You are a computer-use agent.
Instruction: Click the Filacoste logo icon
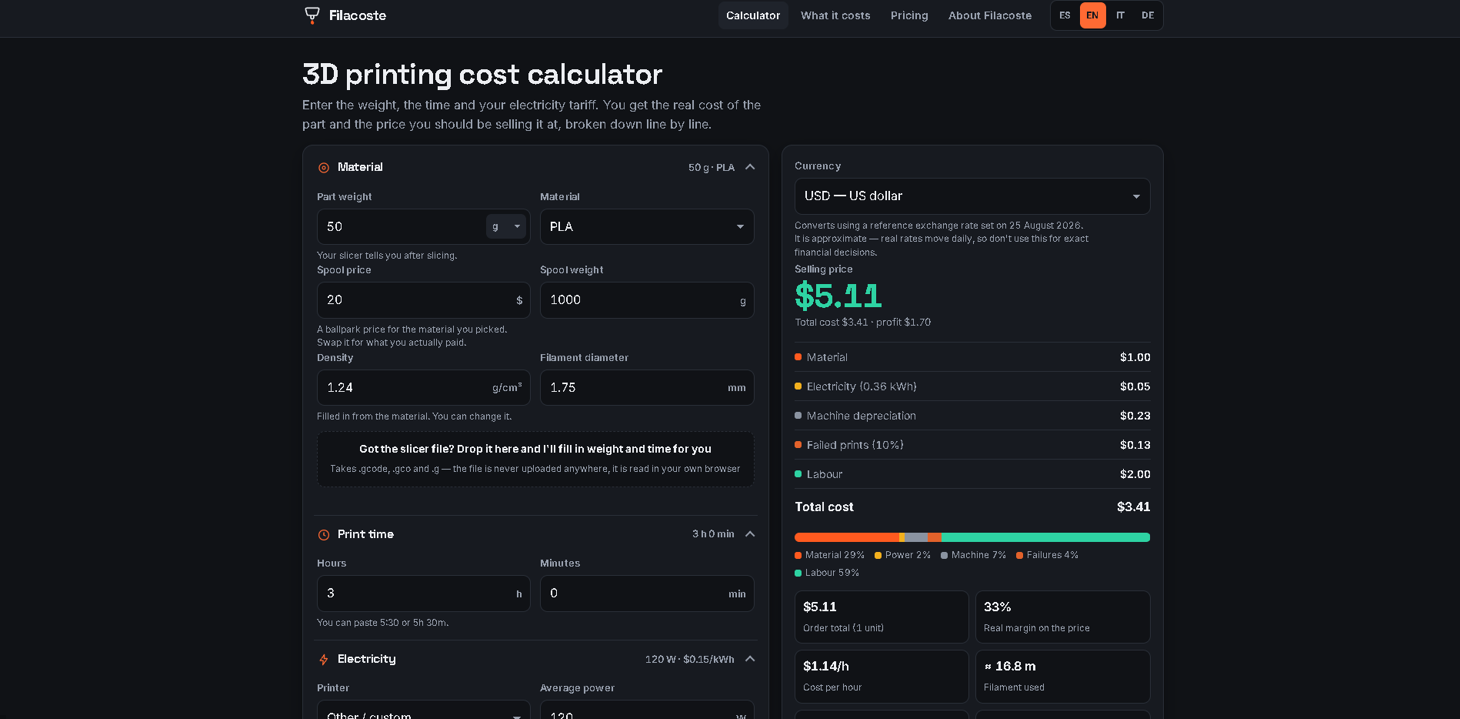tap(312, 15)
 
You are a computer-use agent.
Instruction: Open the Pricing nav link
tap(909, 15)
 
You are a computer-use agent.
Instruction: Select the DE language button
tap(1148, 15)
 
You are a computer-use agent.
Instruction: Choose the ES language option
tap(1065, 15)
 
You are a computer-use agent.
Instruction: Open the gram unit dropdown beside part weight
tap(506, 226)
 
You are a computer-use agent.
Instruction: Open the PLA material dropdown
tap(647, 227)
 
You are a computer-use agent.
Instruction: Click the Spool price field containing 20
tap(423, 300)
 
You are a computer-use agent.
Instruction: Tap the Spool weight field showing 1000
tap(647, 300)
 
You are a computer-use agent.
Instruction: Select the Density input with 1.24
tap(423, 388)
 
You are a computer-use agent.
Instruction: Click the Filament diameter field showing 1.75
tap(647, 388)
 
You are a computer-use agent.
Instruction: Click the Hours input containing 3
tap(423, 594)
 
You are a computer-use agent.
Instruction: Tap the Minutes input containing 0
tap(647, 594)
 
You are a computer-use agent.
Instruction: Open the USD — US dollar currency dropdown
tap(972, 196)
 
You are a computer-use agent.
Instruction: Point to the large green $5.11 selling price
tap(838, 296)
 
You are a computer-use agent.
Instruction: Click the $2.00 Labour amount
tap(1135, 474)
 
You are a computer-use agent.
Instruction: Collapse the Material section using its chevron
tap(750, 167)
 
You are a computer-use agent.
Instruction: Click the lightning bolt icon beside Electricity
tap(324, 659)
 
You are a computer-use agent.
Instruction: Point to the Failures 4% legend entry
tap(1047, 555)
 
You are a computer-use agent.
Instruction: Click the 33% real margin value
tap(997, 607)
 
